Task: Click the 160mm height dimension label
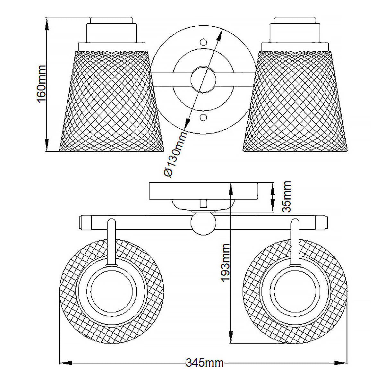[x=42, y=84]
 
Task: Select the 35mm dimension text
[x=286, y=196]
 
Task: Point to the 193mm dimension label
[x=225, y=262]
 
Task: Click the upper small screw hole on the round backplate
[x=203, y=42]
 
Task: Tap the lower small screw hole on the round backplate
[x=203, y=117]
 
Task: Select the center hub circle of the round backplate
[x=203, y=80]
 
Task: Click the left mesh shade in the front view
[x=111, y=101]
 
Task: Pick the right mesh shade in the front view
[x=295, y=101]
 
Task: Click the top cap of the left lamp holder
[x=111, y=21]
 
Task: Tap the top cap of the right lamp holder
[x=295, y=21]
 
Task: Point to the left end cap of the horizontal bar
[x=85, y=222]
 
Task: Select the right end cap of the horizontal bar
[x=321, y=222]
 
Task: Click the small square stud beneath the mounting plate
[x=203, y=204]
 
